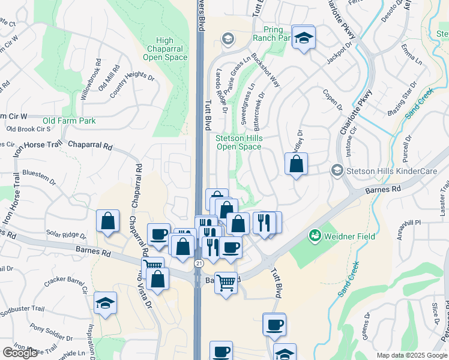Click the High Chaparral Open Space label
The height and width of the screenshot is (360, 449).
(x=165, y=49)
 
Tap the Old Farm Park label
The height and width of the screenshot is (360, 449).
(x=69, y=121)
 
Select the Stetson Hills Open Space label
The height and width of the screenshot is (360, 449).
(x=239, y=142)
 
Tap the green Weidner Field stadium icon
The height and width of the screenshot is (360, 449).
(x=314, y=236)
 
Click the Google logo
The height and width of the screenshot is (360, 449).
(x=20, y=353)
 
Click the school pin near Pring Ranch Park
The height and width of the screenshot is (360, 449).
(x=304, y=37)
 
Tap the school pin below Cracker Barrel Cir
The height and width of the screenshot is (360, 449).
(x=105, y=304)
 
